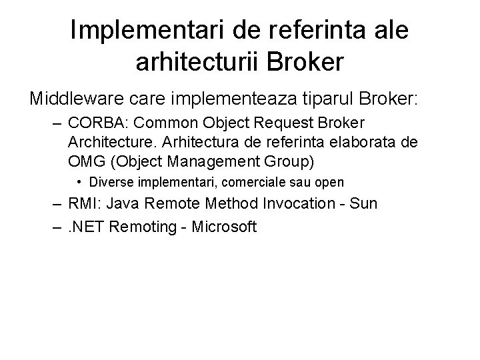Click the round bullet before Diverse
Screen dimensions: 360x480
point(79,181)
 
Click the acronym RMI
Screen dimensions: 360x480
point(81,203)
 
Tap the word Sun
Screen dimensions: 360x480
point(364,203)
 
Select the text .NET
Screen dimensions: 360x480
point(85,227)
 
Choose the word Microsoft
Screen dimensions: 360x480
point(225,227)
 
